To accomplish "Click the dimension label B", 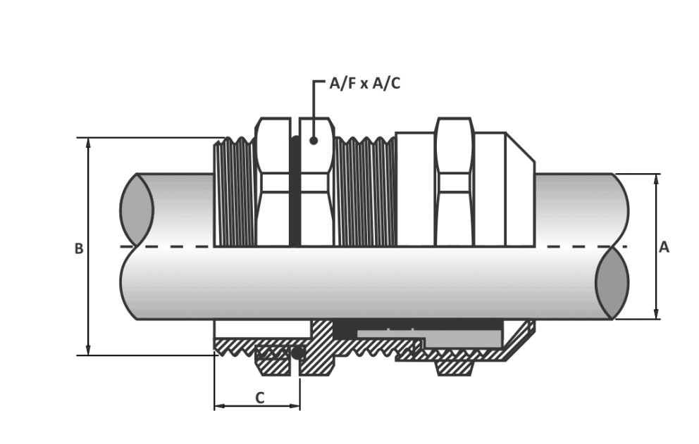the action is [79, 248].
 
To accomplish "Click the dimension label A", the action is [664, 247].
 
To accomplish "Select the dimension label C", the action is [260, 398].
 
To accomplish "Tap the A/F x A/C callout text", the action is [365, 83].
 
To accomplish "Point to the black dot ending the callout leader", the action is [314, 140].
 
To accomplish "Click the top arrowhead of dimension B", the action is [88, 143].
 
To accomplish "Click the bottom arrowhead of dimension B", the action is [88, 350].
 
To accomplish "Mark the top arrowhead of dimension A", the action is [656, 179].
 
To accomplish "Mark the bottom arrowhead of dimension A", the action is [656, 314].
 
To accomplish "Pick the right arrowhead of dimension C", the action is [295, 406].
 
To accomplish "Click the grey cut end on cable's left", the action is [137, 209].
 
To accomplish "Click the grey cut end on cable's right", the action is [612, 283].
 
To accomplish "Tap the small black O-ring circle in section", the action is [297, 354].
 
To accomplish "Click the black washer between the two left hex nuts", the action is [295, 191].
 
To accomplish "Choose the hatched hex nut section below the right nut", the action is [454, 368].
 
